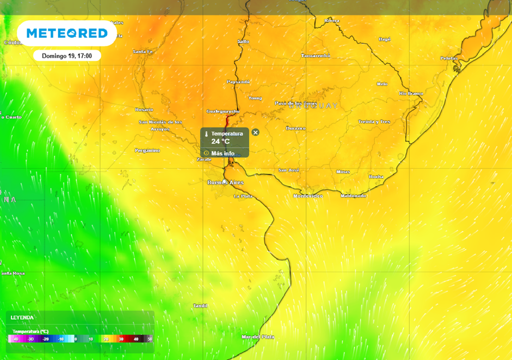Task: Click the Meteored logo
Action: [66, 33]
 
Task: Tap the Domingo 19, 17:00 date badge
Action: [67, 55]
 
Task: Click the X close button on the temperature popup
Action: [255, 132]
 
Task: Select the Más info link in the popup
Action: [222, 153]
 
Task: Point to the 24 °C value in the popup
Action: [220, 141]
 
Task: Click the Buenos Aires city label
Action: [225, 182]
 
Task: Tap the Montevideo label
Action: [307, 196]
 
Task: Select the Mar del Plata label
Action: [257, 336]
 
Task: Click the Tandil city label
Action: [200, 305]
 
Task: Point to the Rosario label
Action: [144, 109]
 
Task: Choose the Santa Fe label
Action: [142, 51]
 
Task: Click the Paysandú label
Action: [238, 81]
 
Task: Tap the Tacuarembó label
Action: [315, 56]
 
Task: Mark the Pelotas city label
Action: [449, 58]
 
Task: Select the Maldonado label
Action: [353, 195]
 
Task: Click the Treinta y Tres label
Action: [374, 121]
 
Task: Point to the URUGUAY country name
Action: [313, 106]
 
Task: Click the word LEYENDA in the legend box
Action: [22, 317]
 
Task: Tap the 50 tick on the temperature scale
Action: [149, 339]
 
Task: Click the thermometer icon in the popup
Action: [206, 134]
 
